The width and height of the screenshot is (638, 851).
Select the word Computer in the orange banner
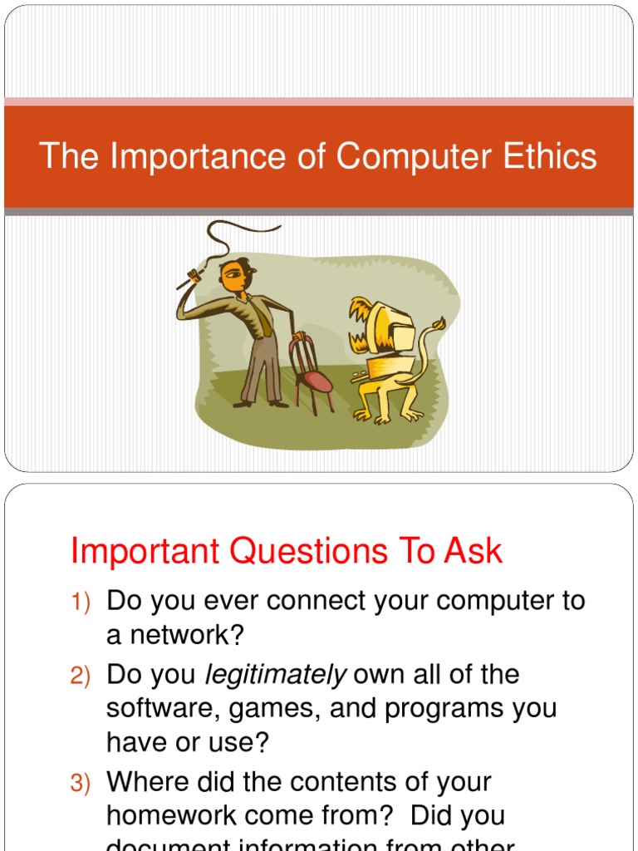(410, 156)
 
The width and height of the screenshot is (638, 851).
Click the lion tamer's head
(234, 276)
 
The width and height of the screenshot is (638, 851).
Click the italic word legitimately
(275, 675)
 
